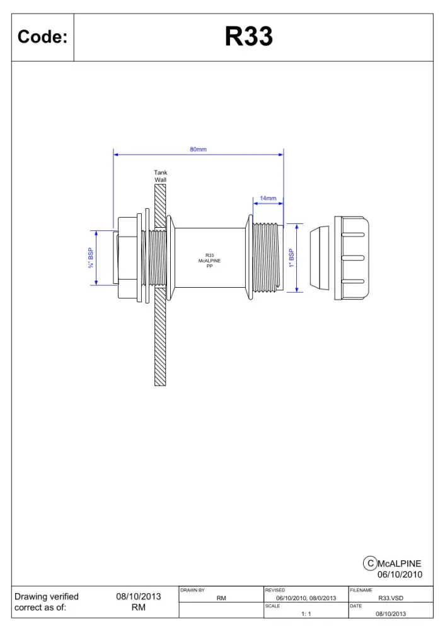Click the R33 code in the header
coord(249,36)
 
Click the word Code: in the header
coord(43,37)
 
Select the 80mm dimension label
coord(198,150)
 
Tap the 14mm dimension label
coord(268,198)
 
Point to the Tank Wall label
coord(160,176)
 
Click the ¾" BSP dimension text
coord(91,258)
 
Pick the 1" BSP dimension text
coord(291,258)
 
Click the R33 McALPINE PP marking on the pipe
coord(209,261)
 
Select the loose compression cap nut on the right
coord(352,258)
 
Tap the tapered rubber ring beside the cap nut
coord(320,258)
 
